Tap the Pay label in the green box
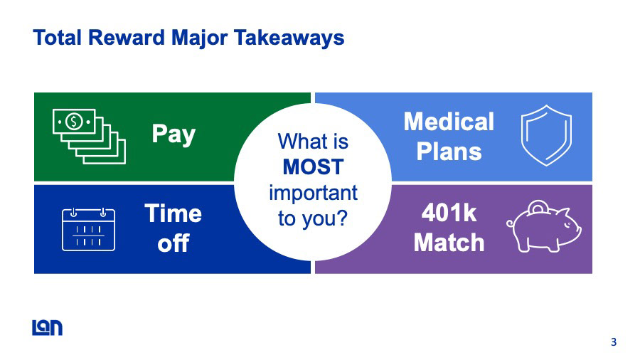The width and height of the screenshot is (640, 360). pos(173,134)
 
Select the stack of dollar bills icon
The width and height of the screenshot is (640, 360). pos(89,137)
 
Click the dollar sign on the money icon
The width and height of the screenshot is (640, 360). pos(74,122)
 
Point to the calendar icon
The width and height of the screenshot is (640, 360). pos(88,229)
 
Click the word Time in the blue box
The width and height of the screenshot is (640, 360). pos(173,213)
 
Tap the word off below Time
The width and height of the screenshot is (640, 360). pos(173,243)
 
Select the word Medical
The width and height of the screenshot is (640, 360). pos(449,122)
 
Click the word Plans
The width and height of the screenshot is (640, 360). pos(449,151)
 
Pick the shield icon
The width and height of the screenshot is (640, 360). pos(546,135)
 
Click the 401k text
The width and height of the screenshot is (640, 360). pos(449,213)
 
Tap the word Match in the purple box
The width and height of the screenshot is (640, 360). pos(449,243)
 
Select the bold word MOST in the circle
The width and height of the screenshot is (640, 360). pos(313,168)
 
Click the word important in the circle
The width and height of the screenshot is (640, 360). pos(313,193)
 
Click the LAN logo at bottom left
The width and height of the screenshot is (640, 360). pos(47,327)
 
